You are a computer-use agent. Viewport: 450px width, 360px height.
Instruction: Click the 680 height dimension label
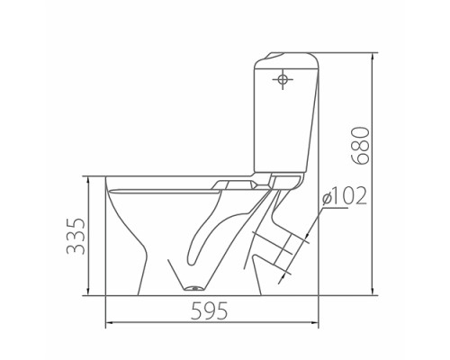pos(360,146)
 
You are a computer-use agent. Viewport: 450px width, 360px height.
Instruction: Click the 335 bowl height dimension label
pos(76,236)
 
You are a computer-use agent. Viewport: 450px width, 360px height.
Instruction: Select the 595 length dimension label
pos(209,310)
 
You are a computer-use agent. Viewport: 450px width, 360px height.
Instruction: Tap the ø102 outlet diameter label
pos(345,196)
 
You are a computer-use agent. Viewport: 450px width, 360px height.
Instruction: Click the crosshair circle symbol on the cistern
pos(283,79)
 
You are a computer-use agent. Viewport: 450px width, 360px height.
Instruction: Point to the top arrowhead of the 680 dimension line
pos(373,56)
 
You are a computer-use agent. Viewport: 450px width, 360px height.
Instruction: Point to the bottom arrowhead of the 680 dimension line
pos(373,292)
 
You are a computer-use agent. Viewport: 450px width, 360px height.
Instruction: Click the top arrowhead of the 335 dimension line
pos(88,180)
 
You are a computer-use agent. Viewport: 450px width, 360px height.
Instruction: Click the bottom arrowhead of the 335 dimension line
pos(88,292)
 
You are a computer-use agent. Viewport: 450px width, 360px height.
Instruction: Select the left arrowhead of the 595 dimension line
pos(110,323)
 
